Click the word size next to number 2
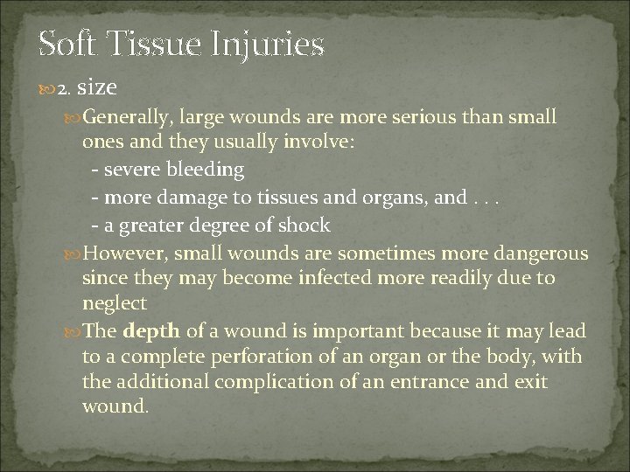(x=96, y=87)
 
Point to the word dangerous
(x=534, y=253)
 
